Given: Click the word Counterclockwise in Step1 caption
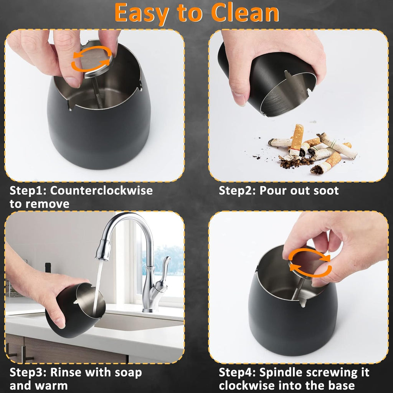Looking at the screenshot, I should point(101,190).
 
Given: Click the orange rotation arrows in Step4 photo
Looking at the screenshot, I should point(309,263).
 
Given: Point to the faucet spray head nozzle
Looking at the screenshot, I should point(102,249).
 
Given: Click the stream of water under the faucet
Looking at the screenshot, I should point(98,284).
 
